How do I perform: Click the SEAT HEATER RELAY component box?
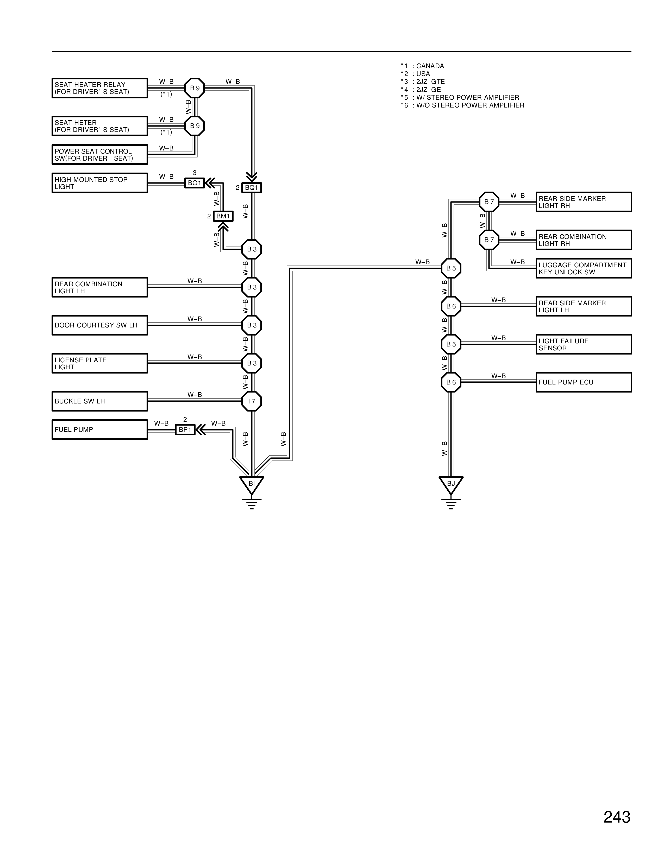pyautogui.click(x=99, y=88)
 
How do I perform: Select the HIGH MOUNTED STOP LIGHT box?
pyautogui.click(x=99, y=183)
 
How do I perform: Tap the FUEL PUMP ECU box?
pyautogui.click(x=583, y=382)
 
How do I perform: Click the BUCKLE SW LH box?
pyautogui.click(x=99, y=401)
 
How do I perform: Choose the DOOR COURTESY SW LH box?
pyautogui.click(x=99, y=325)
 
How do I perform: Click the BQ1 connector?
pyautogui.click(x=251, y=188)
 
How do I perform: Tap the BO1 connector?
pyautogui.click(x=194, y=183)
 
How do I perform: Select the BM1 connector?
pyautogui.click(x=223, y=216)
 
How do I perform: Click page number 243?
pyautogui.click(x=617, y=817)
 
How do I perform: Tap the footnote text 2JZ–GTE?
pyautogui.click(x=430, y=82)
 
